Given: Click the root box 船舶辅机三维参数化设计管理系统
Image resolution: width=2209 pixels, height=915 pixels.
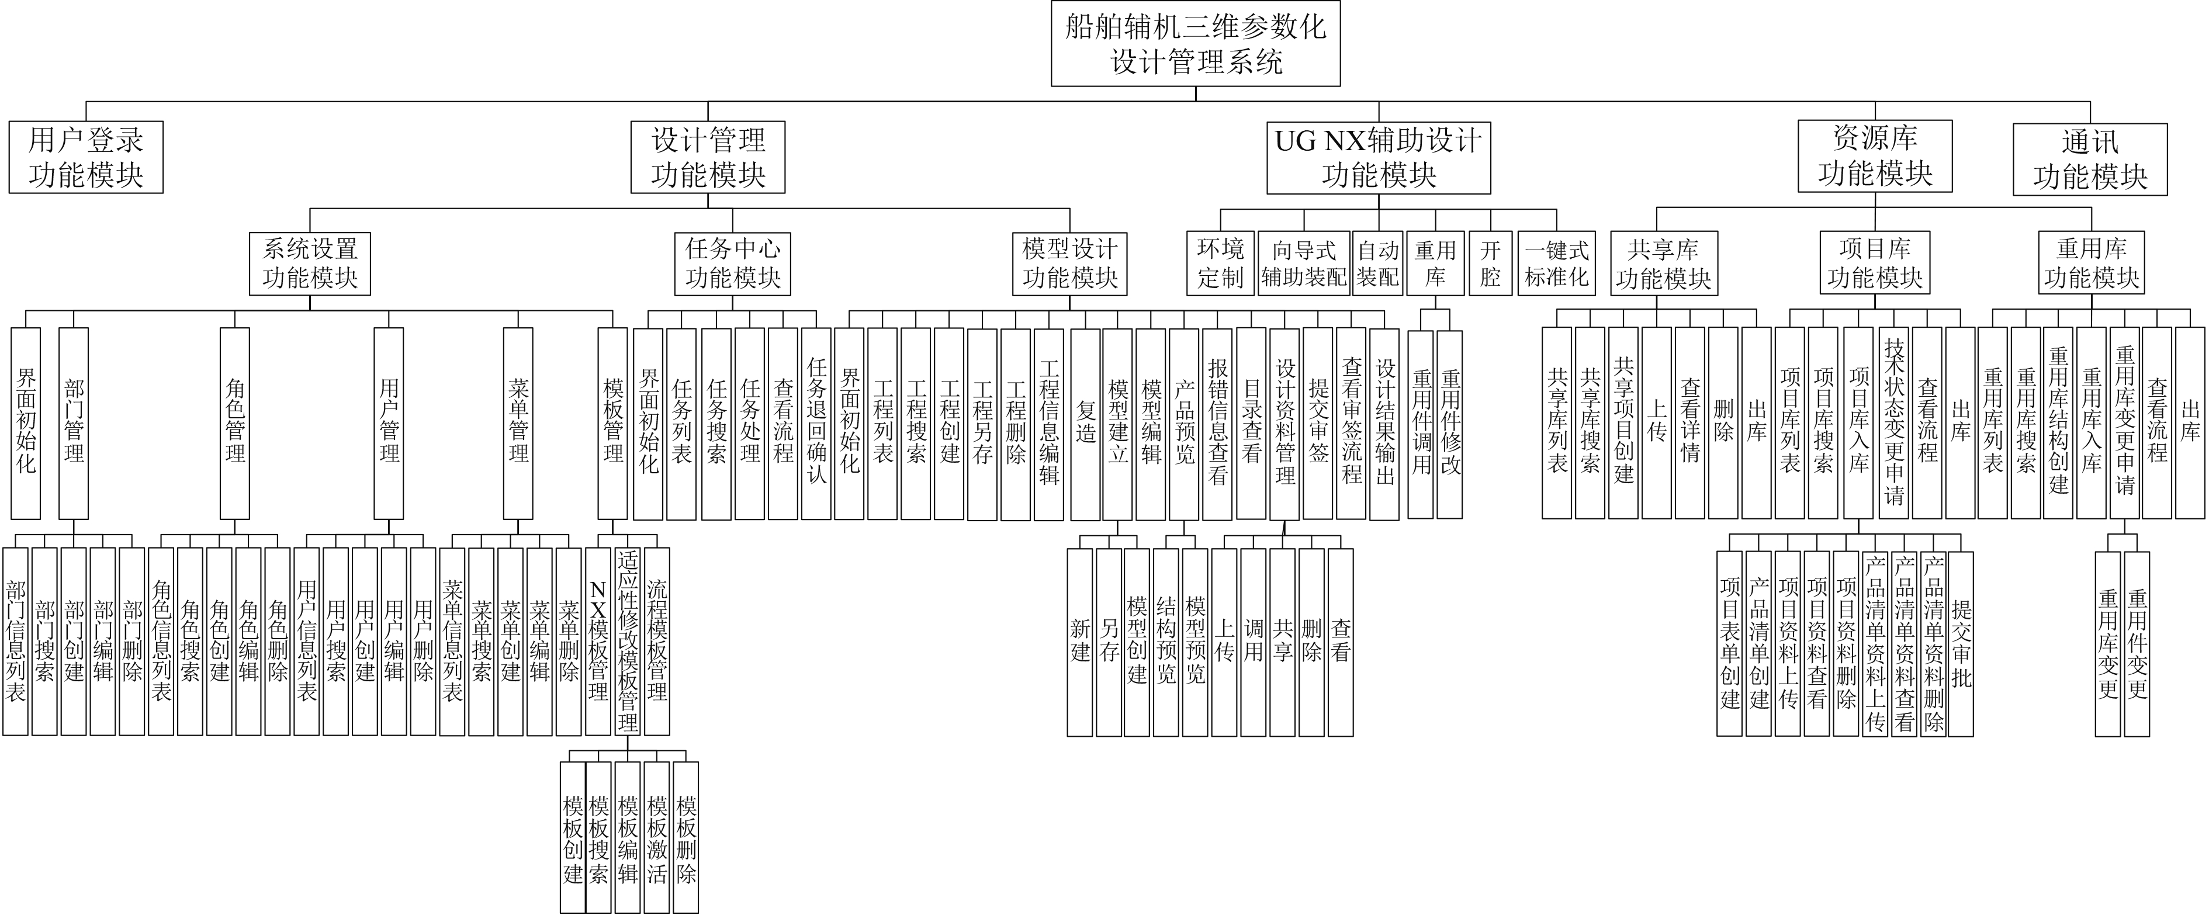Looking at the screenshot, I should point(1196,43).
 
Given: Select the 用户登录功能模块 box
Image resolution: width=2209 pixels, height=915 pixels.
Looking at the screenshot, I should point(86,157).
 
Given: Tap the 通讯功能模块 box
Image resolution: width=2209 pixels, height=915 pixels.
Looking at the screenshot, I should point(2090,160).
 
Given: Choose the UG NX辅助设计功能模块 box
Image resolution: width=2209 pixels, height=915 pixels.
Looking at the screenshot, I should point(1378,158).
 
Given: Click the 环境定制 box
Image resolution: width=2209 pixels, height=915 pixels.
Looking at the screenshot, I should point(1220,264).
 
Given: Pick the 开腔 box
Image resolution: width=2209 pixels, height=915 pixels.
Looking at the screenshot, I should point(1490,264).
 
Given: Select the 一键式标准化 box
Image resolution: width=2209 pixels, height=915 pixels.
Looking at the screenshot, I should point(1556,264).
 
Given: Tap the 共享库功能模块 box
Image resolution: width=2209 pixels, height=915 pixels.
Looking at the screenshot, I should point(1663,264).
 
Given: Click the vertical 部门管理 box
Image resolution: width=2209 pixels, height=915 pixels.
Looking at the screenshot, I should point(74,423).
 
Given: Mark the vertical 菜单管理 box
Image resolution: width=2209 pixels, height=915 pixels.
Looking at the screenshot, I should point(518,423).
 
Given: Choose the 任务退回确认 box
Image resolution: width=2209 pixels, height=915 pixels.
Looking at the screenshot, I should point(816,423).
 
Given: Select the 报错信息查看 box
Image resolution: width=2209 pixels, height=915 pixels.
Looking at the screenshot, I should point(1218,423).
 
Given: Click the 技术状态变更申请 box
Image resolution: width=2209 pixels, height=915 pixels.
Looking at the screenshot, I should point(1894,423).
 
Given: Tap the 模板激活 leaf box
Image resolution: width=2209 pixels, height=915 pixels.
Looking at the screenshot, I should point(657,837).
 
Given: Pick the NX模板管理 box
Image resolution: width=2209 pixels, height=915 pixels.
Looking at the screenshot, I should point(598,642).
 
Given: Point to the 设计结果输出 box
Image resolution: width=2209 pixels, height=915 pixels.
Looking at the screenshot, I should point(1385,423).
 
